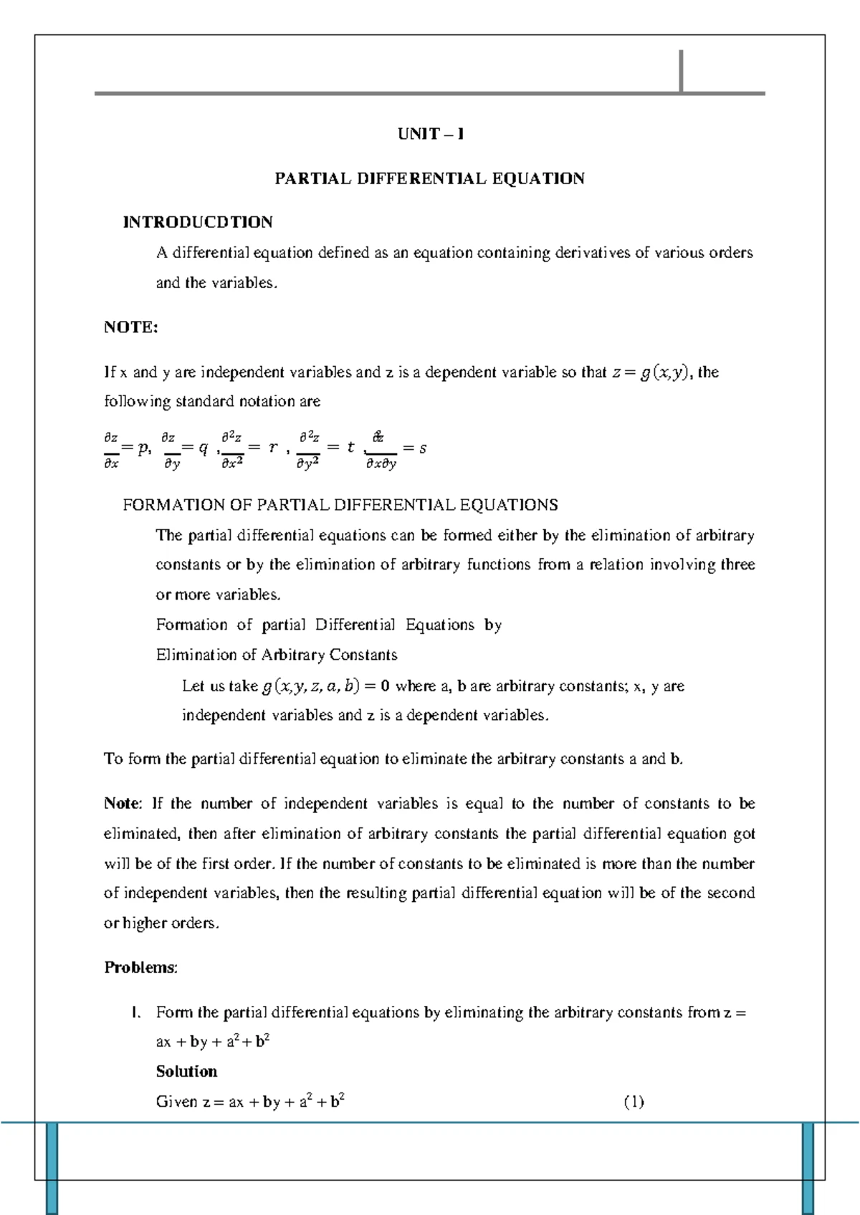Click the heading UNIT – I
(430, 134)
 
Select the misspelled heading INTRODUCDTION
(198, 222)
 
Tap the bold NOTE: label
(130, 327)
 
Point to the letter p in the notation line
(143, 448)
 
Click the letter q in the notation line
(204, 448)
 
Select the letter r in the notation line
(272, 448)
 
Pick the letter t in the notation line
(350, 448)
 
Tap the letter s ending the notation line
(423, 448)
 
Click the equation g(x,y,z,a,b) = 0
(325, 686)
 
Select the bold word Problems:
(140, 968)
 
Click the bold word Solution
(186, 1072)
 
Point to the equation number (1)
(634, 1102)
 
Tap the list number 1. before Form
(134, 1012)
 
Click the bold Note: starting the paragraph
(123, 804)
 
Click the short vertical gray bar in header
(681, 71)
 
